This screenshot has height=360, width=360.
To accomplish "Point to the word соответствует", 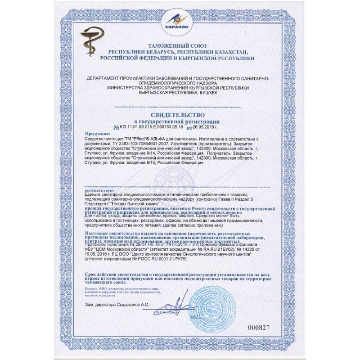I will (x=99, y=190).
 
